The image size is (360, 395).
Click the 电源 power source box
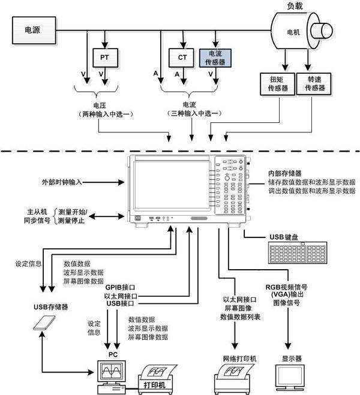point(34,30)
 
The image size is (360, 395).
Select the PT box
point(105,58)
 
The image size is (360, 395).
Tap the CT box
point(182,58)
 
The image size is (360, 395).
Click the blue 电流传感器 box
point(215,58)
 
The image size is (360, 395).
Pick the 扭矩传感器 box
point(277,84)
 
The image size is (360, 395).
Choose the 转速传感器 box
point(314,84)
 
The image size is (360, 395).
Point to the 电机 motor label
point(293,32)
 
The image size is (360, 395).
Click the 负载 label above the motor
point(295,6)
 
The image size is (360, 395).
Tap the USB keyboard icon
point(298,253)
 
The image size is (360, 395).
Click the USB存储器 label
point(51,307)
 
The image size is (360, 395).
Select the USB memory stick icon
point(44,323)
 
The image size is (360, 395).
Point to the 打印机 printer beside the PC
point(157,379)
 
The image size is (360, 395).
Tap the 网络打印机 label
point(239,358)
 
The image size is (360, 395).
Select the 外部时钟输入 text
point(62,182)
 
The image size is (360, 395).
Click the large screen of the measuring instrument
point(172,185)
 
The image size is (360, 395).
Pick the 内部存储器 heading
point(285,173)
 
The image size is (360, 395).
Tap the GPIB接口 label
point(120,288)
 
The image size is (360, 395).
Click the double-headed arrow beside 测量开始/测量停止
point(107,216)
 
